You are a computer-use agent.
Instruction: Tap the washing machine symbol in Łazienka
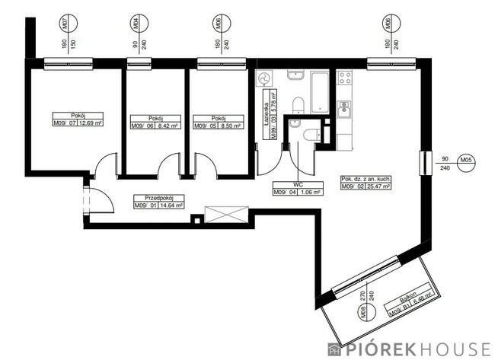point(264,78)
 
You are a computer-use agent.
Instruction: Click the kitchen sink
point(344,109)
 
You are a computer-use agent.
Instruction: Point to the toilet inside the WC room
point(310,135)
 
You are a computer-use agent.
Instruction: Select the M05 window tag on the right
point(467,160)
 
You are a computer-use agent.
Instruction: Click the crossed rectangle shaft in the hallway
point(226,214)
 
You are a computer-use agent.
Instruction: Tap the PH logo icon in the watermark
point(334,349)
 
